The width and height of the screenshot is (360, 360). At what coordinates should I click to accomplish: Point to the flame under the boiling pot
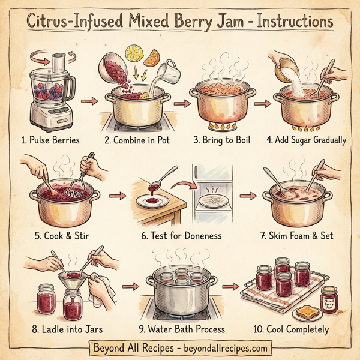click(x=219, y=127)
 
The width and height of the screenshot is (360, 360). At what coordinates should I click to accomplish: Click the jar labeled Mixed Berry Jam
click(x=329, y=298)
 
